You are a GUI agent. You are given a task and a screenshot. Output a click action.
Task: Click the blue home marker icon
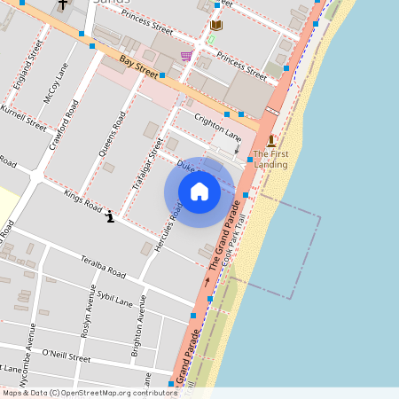pos(199,191)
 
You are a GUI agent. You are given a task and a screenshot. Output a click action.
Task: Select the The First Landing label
pos(270,159)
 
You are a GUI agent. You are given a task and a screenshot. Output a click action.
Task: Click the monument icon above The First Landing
pos(271,140)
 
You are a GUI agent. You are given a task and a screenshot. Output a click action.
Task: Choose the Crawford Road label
pos(64,125)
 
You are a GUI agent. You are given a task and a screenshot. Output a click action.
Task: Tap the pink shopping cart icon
pos(185,56)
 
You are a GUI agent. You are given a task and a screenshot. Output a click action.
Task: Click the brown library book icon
pos(216,26)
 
